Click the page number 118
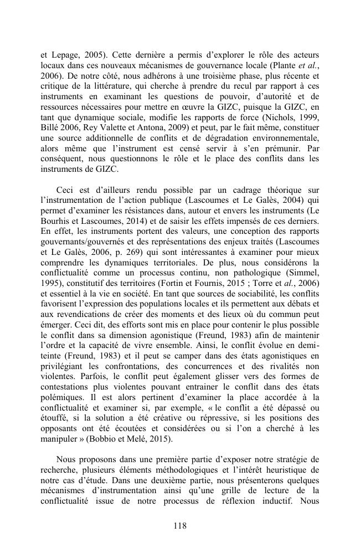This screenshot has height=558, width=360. [179, 526]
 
